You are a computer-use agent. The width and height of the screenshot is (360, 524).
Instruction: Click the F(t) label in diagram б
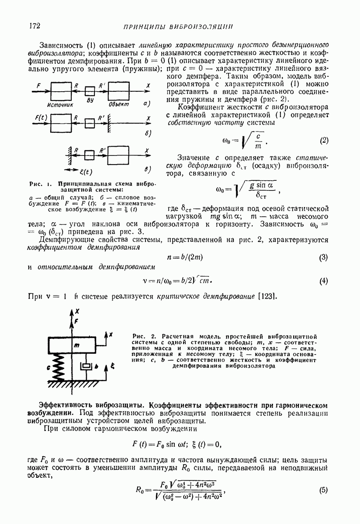[41, 117]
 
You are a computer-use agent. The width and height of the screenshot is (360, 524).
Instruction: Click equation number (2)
[323, 141]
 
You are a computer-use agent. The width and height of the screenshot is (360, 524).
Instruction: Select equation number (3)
[323, 258]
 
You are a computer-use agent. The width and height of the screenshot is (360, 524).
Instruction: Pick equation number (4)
[323, 281]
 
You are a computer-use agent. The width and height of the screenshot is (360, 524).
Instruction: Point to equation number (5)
[323, 490]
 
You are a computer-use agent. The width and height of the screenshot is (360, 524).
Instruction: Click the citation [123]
[267, 297]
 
